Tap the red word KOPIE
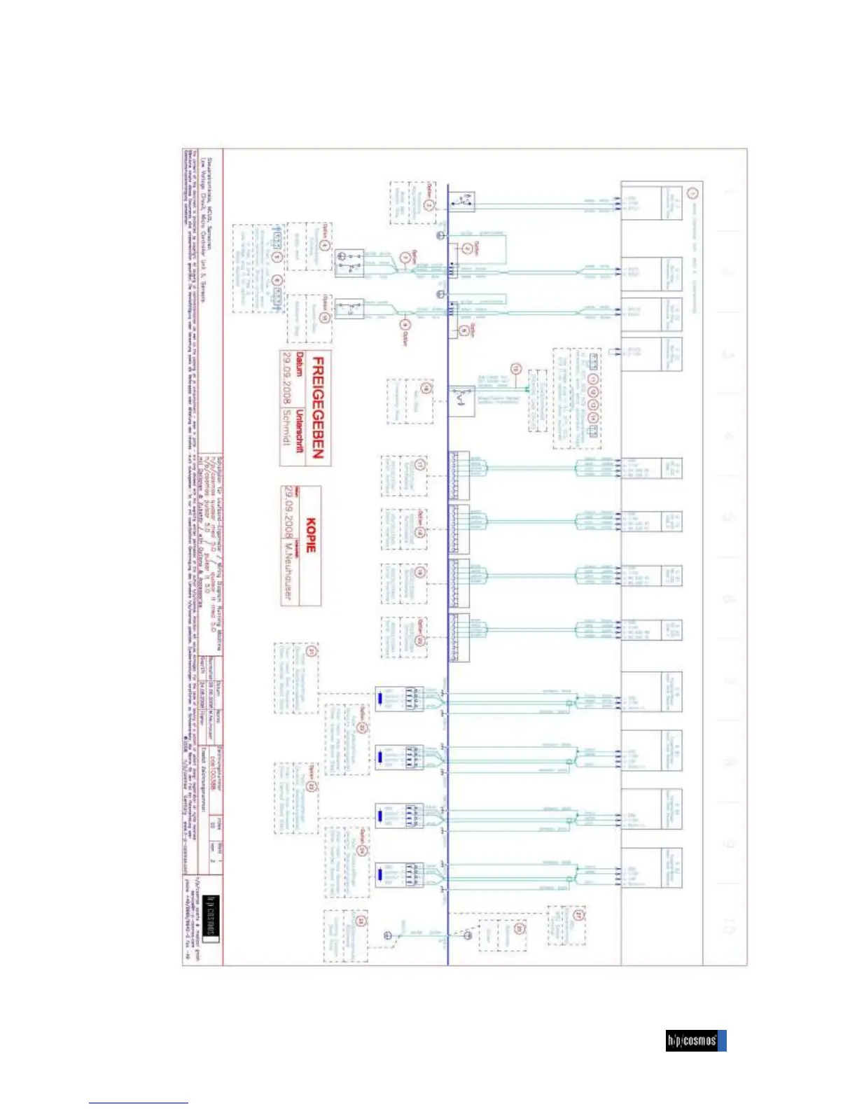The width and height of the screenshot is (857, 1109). (311, 536)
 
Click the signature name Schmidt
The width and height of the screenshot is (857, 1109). (286, 427)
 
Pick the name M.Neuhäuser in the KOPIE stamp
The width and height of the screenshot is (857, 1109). (287, 573)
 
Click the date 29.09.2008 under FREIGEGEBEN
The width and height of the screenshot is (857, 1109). (286, 378)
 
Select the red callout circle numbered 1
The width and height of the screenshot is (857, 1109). (692, 193)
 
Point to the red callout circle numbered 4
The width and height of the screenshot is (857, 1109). (324, 246)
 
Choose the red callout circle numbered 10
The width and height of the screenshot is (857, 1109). (324, 317)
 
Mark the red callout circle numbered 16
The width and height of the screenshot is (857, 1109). (426, 389)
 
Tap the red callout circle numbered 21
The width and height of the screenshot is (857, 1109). (312, 651)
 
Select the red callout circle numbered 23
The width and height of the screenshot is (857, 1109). (312, 786)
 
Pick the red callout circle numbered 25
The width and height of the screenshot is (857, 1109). (361, 921)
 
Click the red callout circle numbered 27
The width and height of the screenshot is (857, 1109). (578, 915)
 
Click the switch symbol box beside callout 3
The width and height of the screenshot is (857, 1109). (461, 203)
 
